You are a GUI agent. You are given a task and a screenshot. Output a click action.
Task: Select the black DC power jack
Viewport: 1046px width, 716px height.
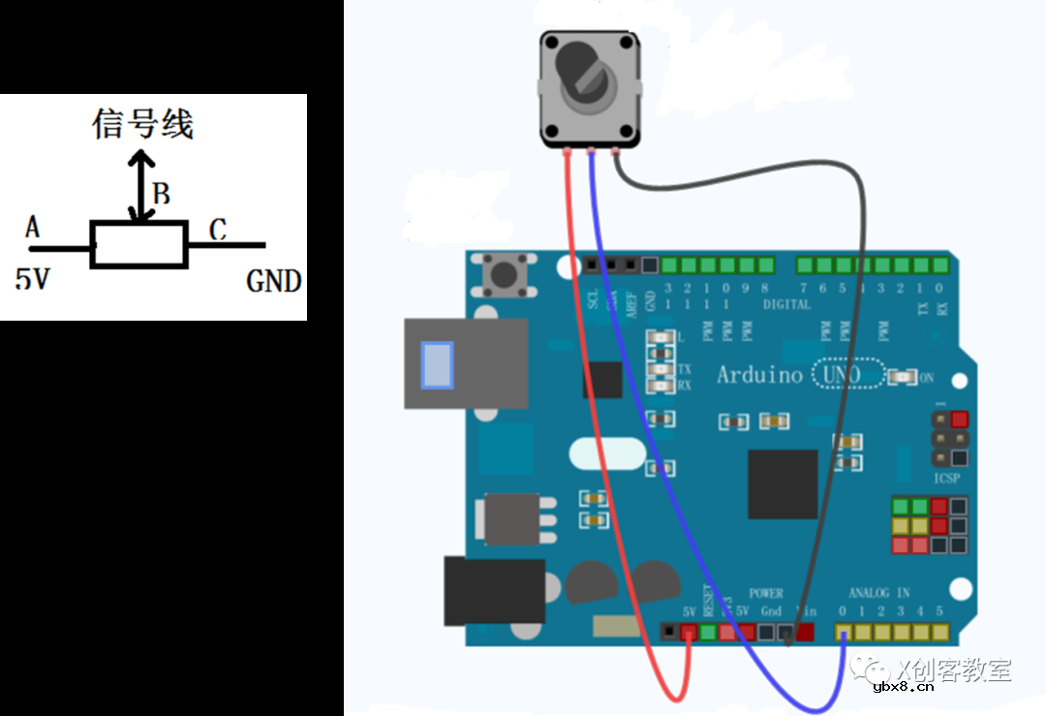[x=493, y=590]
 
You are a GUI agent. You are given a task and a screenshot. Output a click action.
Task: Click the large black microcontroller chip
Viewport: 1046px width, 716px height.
[x=782, y=483]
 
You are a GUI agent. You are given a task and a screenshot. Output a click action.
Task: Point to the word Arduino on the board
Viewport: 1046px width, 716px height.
[x=759, y=375]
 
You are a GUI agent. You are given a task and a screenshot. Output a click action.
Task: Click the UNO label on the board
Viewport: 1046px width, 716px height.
[x=839, y=375]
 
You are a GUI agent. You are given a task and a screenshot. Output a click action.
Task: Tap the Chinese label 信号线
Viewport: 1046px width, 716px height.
[x=143, y=124]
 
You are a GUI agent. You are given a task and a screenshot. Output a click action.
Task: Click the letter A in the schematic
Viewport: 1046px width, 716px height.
[x=32, y=228]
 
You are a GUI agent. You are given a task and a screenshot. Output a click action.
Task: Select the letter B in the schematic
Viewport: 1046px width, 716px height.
[x=162, y=195]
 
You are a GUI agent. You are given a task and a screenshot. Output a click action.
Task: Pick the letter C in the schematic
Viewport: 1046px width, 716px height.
[x=218, y=230]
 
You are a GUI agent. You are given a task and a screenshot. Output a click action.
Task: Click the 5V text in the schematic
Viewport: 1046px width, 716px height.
[x=32, y=280]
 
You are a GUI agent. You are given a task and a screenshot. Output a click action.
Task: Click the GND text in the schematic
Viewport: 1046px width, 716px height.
[x=274, y=282]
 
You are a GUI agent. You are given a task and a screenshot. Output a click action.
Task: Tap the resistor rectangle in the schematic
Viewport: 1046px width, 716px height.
[x=138, y=243]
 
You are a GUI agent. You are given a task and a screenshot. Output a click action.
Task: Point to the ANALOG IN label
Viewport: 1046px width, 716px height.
[x=878, y=593]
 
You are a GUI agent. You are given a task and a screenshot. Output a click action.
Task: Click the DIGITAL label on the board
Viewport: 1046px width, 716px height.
[x=786, y=304]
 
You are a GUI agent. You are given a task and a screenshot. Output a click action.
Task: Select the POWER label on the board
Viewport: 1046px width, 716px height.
[x=766, y=593]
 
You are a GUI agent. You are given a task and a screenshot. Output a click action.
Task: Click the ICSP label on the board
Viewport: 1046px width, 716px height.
[x=946, y=479]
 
